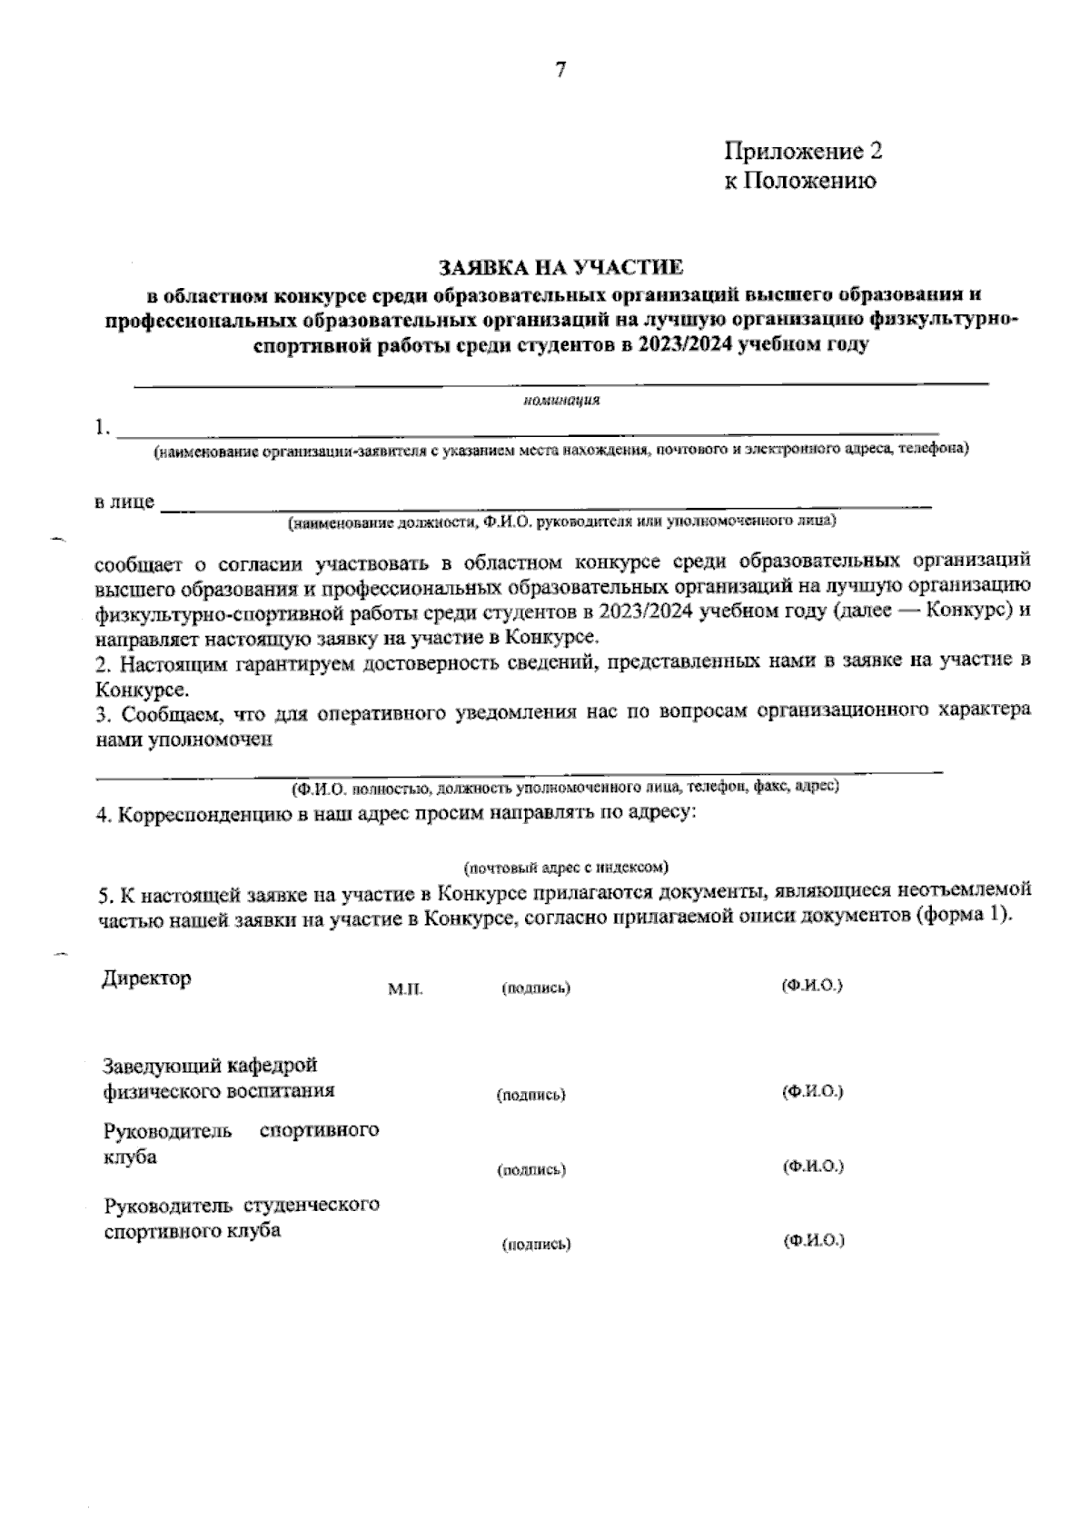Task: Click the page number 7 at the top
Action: tap(560, 70)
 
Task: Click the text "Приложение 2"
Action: tap(803, 150)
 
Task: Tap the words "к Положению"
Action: tap(800, 181)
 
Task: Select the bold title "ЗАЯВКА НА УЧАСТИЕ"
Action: tap(560, 268)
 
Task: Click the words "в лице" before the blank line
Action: tap(124, 502)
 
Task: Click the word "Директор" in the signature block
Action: tap(146, 978)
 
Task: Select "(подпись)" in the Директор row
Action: tap(536, 988)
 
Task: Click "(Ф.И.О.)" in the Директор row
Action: tap(812, 985)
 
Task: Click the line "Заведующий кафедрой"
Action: tap(210, 1065)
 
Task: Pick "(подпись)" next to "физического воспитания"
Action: tap(531, 1095)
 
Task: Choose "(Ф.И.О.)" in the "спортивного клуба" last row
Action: tap(814, 1240)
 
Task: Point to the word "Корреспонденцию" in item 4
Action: tap(205, 814)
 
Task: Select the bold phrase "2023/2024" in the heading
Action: tap(687, 345)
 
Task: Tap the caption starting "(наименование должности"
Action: tap(562, 522)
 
